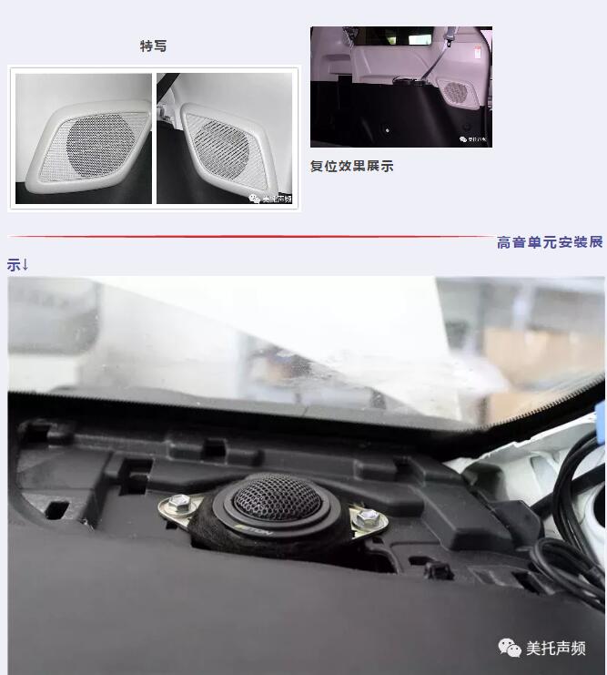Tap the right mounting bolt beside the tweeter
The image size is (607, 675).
click(368, 516)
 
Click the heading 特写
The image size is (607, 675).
click(153, 46)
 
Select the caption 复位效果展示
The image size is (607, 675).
click(352, 167)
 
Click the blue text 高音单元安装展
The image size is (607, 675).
click(550, 242)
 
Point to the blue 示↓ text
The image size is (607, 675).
click(18, 265)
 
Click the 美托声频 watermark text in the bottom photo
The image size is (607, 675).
click(555, 649)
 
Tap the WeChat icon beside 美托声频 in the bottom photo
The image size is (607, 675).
click(510, 648)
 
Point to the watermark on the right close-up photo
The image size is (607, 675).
click(270, 198)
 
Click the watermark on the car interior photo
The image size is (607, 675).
click(473, 139)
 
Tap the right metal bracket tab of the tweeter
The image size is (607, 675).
click(369, 519)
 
